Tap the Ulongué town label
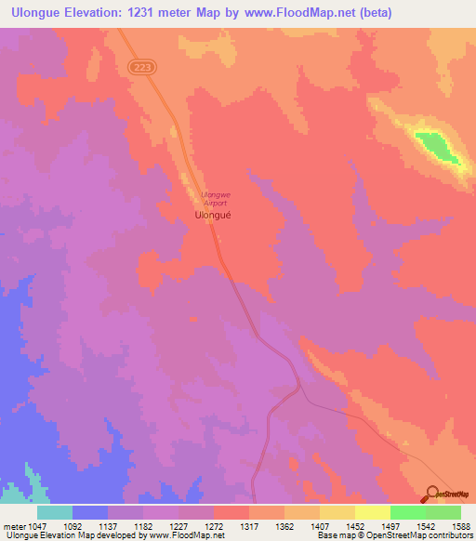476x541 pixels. (x=213, y=214)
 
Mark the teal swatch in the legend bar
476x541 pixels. (x=55, y=512)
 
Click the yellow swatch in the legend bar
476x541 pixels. (x=373, y=512)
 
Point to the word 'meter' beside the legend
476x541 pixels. (x=14, y=526)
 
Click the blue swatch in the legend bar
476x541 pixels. (x=90, y=512)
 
